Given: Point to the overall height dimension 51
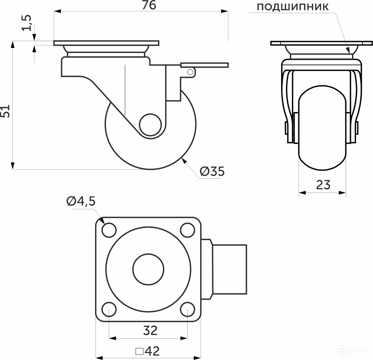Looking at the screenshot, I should pos(6,110).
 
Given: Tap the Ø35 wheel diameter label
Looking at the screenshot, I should pos(211,171).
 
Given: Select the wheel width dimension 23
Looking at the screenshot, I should pos(323,184).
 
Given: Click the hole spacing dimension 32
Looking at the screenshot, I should pos(150,330).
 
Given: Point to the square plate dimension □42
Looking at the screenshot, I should pos(147,351).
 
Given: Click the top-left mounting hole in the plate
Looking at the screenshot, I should pos(109,230).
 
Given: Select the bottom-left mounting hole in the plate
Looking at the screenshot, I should pos(109,309).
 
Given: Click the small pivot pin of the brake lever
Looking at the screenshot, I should pos(191,72).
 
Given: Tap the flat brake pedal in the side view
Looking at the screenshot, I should pos(205,65).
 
